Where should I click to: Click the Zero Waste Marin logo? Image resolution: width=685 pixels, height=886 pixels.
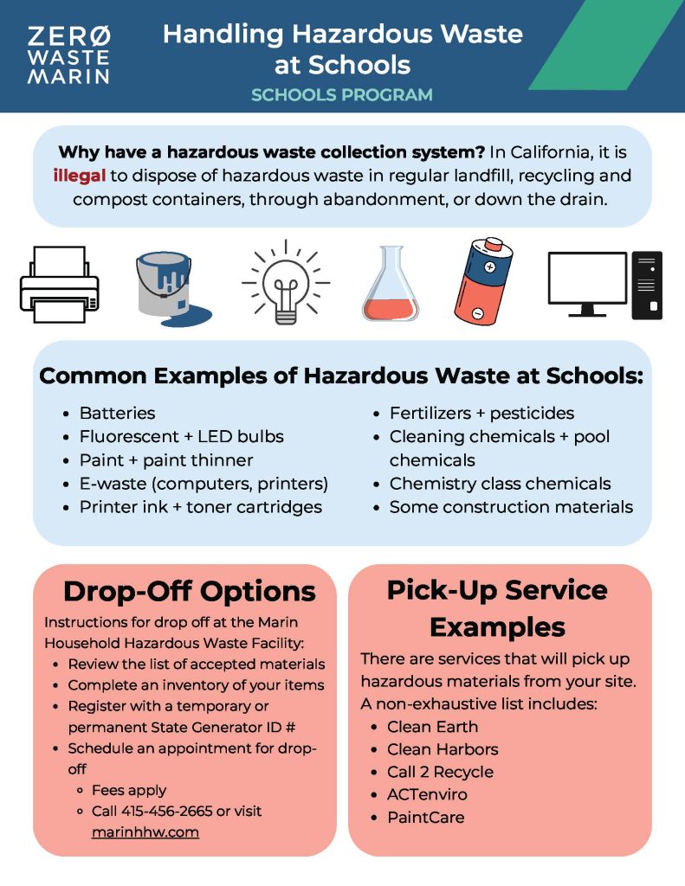pos(68,55)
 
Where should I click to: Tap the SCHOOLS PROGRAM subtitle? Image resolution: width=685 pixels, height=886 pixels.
pos(341,94)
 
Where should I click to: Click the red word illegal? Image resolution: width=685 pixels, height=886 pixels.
pos(79,176)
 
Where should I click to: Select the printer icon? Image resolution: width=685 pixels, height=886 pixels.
pos(59,285)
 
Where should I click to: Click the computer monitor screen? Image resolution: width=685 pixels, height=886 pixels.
pos(586,280)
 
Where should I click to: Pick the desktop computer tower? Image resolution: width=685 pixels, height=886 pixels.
pos(648,285)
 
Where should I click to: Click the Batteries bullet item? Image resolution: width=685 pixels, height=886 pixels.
pos(117,414)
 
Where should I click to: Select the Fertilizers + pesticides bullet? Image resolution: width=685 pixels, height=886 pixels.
pos(481,414)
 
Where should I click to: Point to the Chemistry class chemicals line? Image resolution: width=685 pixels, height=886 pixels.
pos(500,484)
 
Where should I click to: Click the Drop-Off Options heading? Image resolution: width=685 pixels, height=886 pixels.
pos(189,592)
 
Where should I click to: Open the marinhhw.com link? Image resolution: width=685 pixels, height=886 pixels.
pos(145,832)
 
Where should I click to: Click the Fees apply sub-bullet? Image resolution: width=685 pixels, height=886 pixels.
pos(129,790)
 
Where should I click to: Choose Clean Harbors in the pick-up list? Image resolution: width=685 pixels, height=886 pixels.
pos(443,749)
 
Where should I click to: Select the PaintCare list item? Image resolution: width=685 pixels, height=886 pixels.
pos(425,817)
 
